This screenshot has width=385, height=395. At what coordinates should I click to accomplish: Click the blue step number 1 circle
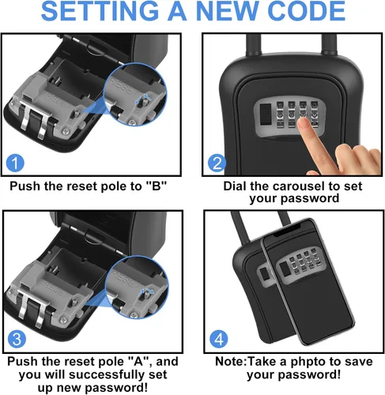(x=15, y=163)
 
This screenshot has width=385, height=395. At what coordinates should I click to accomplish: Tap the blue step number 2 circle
(x=217, y=163)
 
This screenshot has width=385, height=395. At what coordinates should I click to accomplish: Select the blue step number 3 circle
(x=17, y=339)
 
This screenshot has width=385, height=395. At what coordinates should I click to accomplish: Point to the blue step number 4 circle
(x=219, y=339)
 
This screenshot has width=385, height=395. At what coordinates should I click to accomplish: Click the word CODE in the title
(x=308, y=11)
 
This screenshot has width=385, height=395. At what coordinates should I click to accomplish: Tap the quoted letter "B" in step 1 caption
(x=157, y=186)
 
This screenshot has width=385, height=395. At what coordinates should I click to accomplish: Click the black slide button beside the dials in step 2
(x=266, y=114)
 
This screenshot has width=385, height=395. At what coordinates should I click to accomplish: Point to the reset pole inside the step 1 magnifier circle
(x=141, y=101)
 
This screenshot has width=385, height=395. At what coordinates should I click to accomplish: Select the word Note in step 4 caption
(x=229, y=361)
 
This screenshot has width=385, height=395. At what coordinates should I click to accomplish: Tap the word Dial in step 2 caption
(x=235, y=186)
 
